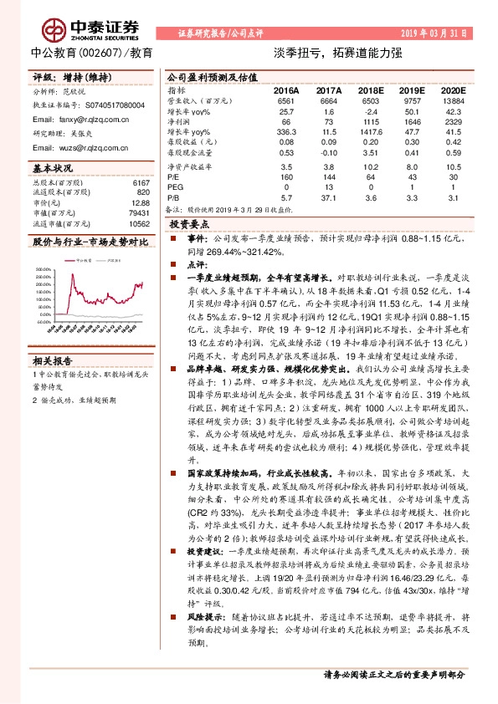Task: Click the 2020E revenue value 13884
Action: (x=452, y=100)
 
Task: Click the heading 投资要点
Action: (x=189, y=226)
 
